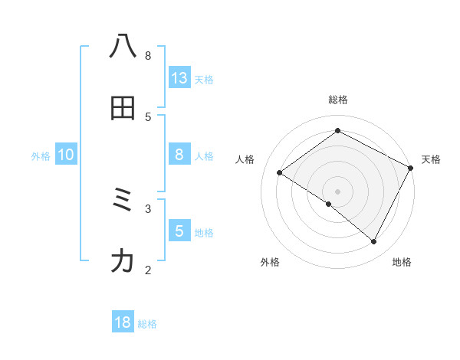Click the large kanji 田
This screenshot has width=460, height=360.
click(x=123, y=108)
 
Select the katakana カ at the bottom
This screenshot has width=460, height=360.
click(x=123, y=262)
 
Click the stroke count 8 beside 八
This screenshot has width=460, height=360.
click(x=148, y=55)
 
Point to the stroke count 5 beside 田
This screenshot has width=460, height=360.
click(x=148, y=116)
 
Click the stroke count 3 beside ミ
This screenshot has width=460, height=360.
click(x=148, y=208)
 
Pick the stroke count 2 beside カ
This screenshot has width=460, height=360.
click(x=148, y=270)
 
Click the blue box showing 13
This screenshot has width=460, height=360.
click(x=179, y=78)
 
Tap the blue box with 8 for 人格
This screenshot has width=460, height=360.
click(x=179, y=155)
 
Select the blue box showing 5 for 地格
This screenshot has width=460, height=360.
click(x=179, y=231)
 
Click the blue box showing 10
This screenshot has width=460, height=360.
click(x=66, y=155)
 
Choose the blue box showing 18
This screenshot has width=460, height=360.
click(x=123, y=322)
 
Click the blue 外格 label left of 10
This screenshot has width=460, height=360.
click(x=41, y=156)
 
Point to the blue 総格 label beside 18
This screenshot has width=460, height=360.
click(x=147, y=324)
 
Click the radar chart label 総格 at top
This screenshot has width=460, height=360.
click(x=338, y=100)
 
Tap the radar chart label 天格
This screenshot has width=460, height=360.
click(x=431, y=159)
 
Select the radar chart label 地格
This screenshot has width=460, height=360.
click(x=402, y=262)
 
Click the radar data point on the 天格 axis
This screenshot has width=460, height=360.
click(x=410, y=168)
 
